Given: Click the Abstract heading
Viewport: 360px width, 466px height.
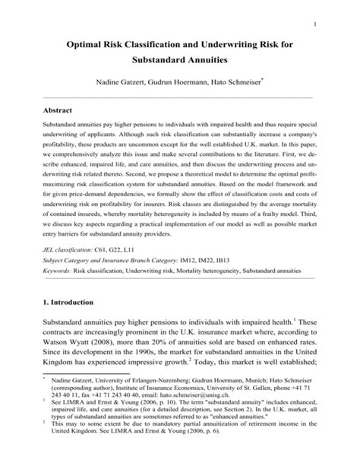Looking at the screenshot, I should click(61, 109).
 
